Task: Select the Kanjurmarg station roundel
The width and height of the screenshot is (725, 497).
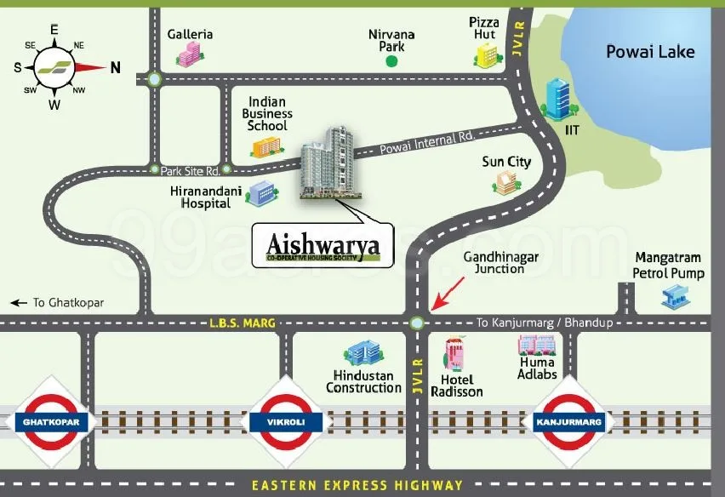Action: [568, 421]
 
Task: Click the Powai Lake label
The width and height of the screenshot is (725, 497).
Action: [650, 52]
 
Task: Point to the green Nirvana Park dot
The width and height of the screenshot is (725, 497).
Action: [391, 61]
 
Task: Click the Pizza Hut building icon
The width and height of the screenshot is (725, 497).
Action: [486, 54]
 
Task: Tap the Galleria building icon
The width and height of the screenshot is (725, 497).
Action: [187, 55]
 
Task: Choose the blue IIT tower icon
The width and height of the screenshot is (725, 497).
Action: [558, 99]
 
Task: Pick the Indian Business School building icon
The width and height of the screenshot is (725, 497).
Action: [266, 147]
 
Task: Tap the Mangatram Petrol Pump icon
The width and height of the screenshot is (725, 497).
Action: [675, 296]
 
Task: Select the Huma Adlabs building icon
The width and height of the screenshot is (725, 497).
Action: [537, 345]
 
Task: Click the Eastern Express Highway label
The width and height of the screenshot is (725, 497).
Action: [357, 486]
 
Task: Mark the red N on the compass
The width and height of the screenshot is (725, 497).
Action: [115, 68]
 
